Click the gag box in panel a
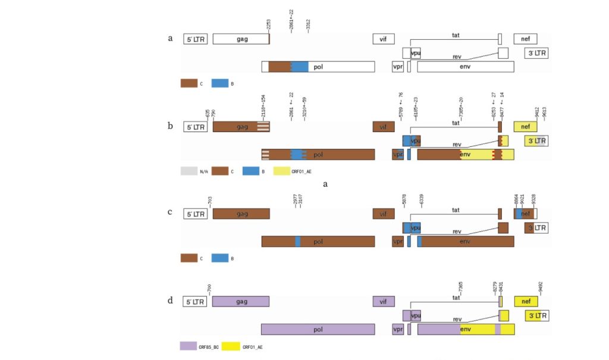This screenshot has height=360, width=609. pyautogui.click(x=241, y=39)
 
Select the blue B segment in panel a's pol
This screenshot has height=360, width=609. pyautogui.click(x=300, y=67)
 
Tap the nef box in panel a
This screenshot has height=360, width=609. pyautogui.click(x=525, y=39)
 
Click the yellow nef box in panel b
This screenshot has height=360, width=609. pyautogui.click(x=525, y=127)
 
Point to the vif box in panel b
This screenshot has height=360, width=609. pyautogui.click(x=384, y=127)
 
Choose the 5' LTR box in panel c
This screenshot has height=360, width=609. pyautogui.click(x=195, y=214)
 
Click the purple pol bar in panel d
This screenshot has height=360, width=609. pyautogui.click(x=318, y=329)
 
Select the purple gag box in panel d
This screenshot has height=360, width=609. pyautogui.click(x=241, y=301)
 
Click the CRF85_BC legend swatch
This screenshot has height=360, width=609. pyautogui.click(x=189, y=346)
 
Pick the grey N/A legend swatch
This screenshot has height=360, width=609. pyautogui.click(x=189, y=171)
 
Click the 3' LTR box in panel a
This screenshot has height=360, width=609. pyautogui.click(x=536, y=53)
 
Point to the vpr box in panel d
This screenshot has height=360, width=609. pyautogui.click(x=398, y=329)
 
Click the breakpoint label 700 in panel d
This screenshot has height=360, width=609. pyautogui.click(x=209, y=289)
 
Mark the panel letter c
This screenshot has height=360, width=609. pyautogui.click(x=171, y=212)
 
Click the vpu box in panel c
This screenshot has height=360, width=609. pyautogui.click(x=416, y=228)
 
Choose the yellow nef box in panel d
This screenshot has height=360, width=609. pyautogui.click(x=525, y=301)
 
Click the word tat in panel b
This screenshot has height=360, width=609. pyautogui.click(x=456, y=123)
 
